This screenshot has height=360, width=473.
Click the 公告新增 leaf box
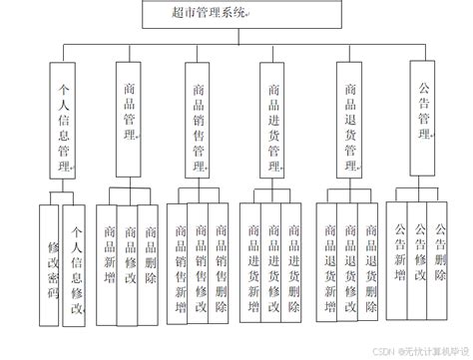[400, 251]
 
